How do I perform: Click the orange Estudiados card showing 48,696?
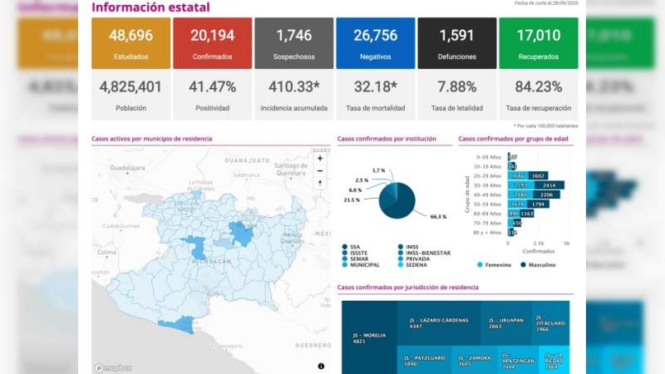(x=131, y=43)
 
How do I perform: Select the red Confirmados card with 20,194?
(x=211, y=43)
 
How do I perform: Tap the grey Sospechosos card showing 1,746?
(x=293, y=43)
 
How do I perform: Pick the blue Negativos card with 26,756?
(x=375, y=43)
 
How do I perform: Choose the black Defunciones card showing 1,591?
(x=456, y=43)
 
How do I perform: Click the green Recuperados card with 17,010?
(x=538, y=43)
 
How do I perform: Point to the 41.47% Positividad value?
(x=211, y=86)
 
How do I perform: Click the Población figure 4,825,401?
(x=131, y=86)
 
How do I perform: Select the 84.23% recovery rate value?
(x=538, y=86)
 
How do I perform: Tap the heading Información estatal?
(x=150, y=8)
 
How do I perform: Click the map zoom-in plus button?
(x=320, y=158)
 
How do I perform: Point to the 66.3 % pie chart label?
(x=438, y=217)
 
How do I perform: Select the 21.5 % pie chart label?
(x=352, y=199)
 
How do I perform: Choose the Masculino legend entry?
(x=539, y=265)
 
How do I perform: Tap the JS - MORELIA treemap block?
(x=368, y=337)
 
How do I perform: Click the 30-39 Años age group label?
(x=490, y=185)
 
